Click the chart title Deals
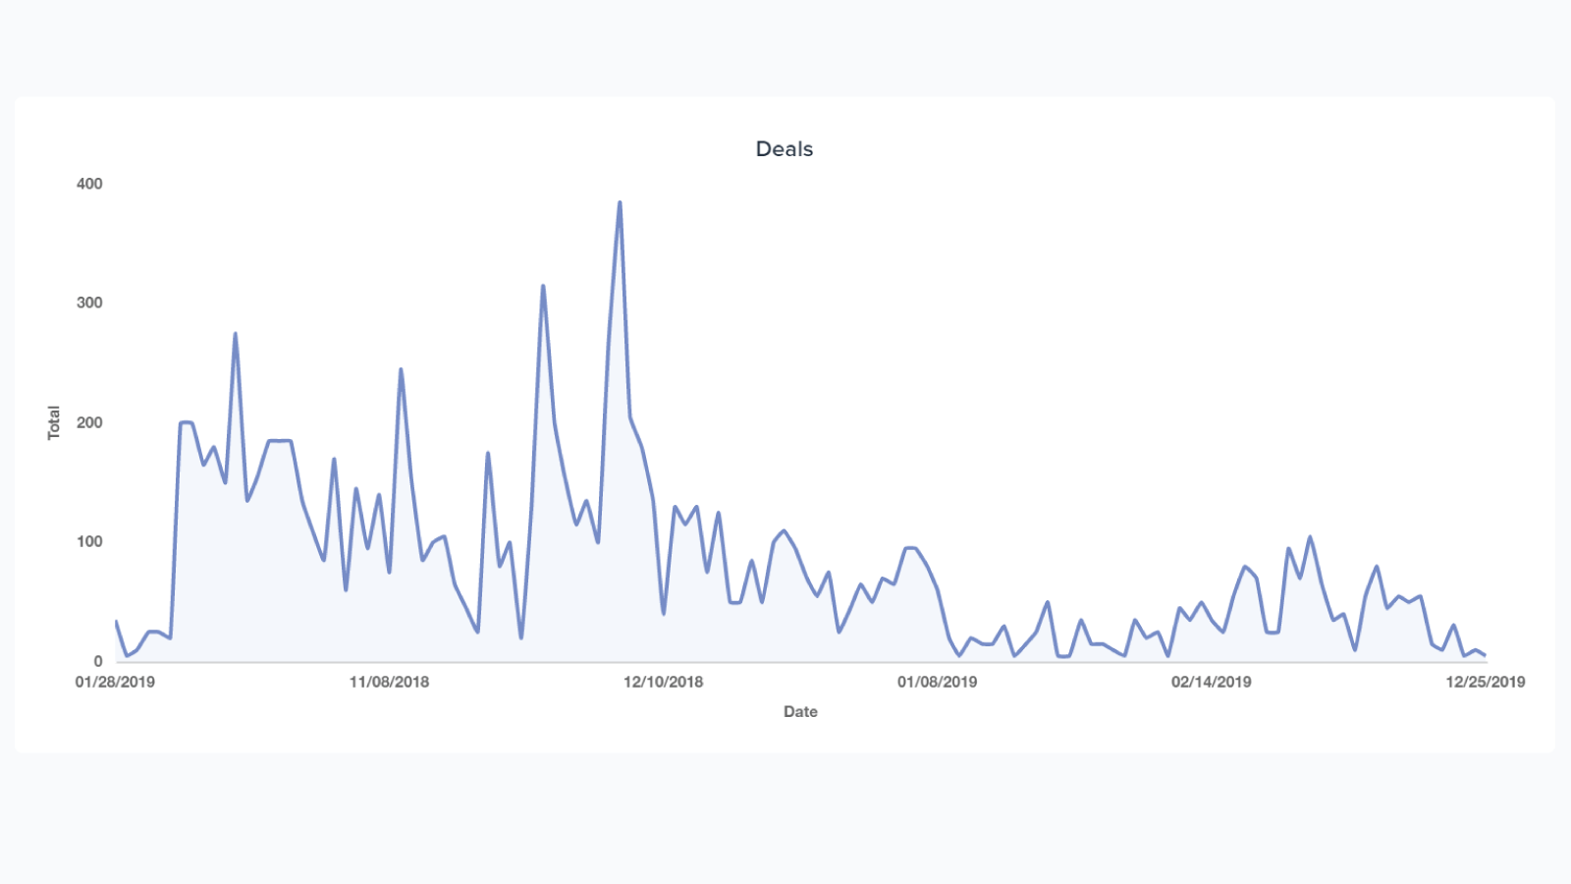point(784,149)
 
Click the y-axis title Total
point(54,422)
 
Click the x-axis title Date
point(800,712)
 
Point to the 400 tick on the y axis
point(89,184)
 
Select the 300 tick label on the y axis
point(89,303)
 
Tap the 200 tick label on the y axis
point(89,422)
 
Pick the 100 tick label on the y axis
point(89,541)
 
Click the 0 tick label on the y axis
point(97,661)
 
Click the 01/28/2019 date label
point(115,682)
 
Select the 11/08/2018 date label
point(389,682)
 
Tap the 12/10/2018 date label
point(663,682)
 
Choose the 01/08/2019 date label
point(937,682)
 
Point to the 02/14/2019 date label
point(1211,682)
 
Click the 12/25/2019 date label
point(1485,682)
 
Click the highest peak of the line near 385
point(620,202)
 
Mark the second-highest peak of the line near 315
point(543,286)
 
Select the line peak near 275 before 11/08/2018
point(236,334)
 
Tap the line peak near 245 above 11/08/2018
point(401,369)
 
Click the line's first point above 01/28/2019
point(116,621)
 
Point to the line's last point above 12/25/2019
point(1485,655)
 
